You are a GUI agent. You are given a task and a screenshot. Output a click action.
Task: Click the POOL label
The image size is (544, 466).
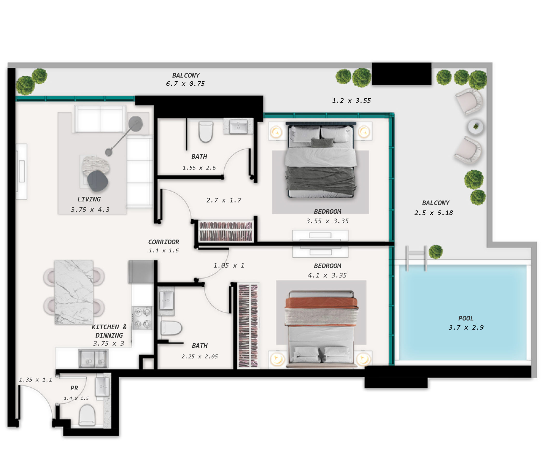466,318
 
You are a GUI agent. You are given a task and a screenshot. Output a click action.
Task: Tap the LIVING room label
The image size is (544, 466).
89,199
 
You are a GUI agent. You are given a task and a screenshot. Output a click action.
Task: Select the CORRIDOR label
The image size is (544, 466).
163,242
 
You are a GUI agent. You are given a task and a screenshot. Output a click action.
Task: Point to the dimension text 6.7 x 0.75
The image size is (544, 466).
185,84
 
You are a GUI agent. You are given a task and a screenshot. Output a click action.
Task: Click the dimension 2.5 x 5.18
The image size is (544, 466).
433,213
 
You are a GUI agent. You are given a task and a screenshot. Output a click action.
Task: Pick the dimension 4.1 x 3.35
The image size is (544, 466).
327,275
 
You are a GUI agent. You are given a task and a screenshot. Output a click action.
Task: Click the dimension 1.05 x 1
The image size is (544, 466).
229,266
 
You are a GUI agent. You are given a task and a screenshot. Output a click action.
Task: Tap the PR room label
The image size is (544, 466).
74,388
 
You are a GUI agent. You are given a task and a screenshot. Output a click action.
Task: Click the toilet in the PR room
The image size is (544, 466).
87,415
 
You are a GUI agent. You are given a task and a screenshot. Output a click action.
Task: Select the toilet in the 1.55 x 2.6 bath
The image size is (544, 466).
206,132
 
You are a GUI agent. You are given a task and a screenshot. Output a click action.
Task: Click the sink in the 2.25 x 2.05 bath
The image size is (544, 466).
167,300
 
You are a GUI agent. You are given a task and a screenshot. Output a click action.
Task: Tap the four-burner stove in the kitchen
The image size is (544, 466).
142,318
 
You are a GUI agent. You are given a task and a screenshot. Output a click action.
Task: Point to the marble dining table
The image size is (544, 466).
74,292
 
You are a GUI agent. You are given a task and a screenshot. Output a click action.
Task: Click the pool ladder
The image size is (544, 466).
416,258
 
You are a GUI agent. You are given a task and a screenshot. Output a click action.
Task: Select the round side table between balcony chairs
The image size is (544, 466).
475,127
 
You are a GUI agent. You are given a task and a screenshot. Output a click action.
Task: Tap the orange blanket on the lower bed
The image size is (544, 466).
322,303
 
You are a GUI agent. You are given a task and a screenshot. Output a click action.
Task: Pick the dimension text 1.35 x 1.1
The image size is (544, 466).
35,380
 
